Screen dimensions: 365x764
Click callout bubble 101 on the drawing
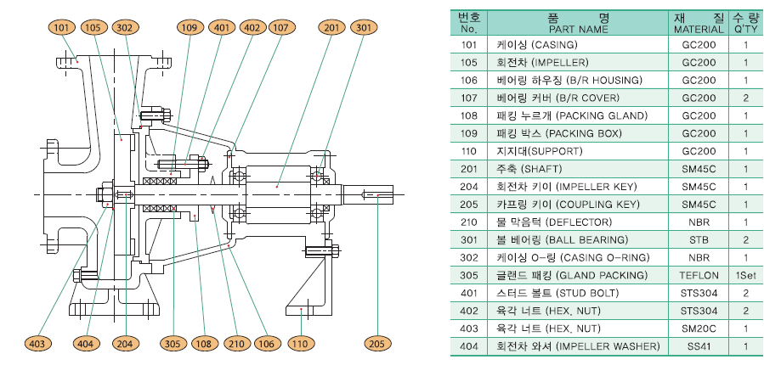61,27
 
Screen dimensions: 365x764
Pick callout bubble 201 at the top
331,27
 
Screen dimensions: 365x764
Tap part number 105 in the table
469,62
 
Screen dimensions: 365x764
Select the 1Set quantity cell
745,275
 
